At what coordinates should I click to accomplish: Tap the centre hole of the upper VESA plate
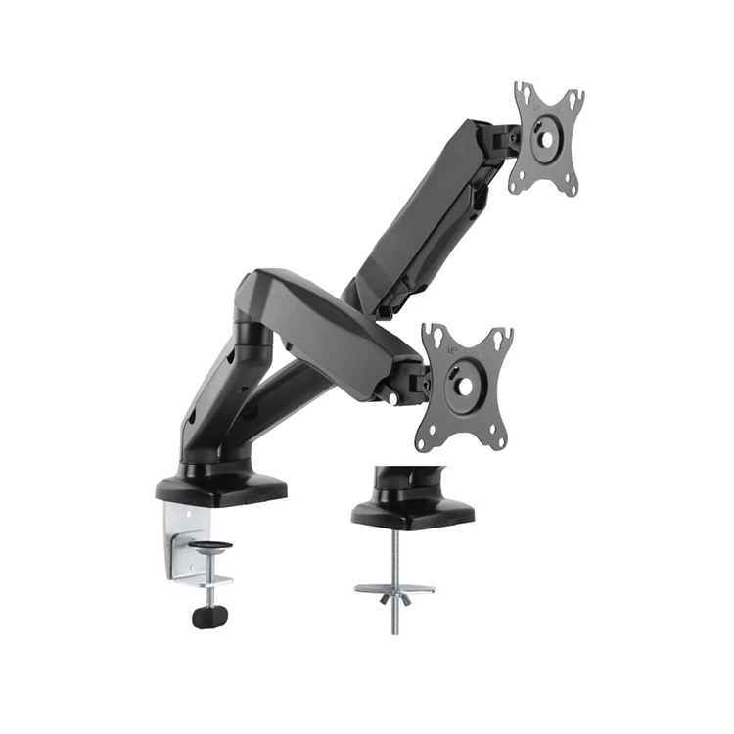545,137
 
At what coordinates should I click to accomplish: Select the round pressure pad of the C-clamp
210,545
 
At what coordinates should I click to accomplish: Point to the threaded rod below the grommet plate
395,617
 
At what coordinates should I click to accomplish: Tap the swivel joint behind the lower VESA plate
411,377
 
